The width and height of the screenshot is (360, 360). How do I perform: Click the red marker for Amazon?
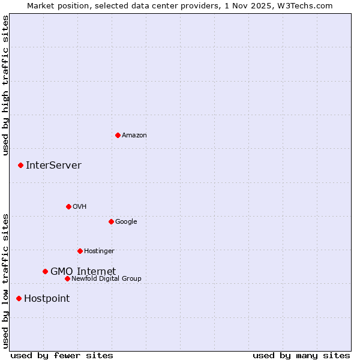[118, 135]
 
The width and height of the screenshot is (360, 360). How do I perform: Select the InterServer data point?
[20, 165]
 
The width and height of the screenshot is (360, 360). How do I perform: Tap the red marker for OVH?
[68, 206]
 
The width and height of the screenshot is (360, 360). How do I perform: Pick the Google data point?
[111, 221]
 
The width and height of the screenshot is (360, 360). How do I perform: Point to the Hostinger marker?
[80, 251]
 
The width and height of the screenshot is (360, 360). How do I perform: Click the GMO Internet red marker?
[45, 271]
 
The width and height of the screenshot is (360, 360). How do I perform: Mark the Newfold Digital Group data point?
[67, 278]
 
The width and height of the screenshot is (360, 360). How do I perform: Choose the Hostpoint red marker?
[19, 298]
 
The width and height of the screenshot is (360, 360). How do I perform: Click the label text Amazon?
[134, 136]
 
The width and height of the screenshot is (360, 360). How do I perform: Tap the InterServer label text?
[53, 166]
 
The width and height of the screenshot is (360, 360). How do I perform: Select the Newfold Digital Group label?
[106, 278]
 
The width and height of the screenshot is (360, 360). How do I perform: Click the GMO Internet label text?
[83, 271]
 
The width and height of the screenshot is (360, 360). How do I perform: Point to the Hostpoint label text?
[47, 299]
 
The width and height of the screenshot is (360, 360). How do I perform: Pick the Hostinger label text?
[99, 251]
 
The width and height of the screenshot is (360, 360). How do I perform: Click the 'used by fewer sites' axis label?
[62, 355]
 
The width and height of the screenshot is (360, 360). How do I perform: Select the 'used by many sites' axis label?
[301, 355]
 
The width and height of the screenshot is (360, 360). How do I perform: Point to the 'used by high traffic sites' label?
[5, 85]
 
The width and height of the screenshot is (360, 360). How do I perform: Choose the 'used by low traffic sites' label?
[5, 280]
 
